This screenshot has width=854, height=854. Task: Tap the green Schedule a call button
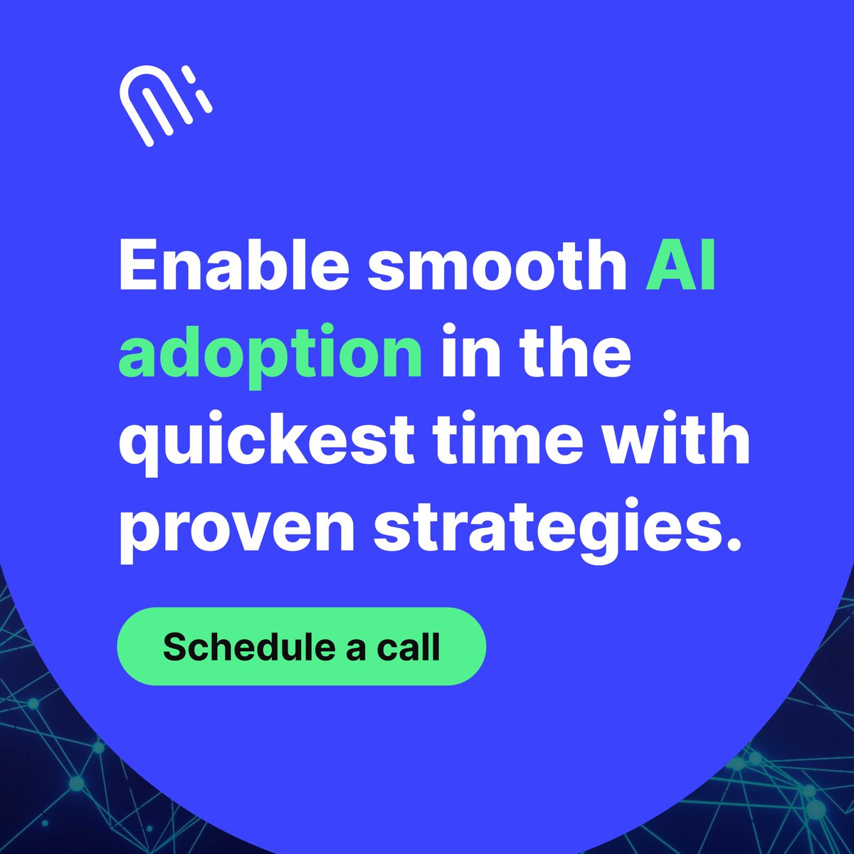(301, 646)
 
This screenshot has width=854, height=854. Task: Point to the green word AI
(680, 265)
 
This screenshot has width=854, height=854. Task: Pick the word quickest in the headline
(265, 440)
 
